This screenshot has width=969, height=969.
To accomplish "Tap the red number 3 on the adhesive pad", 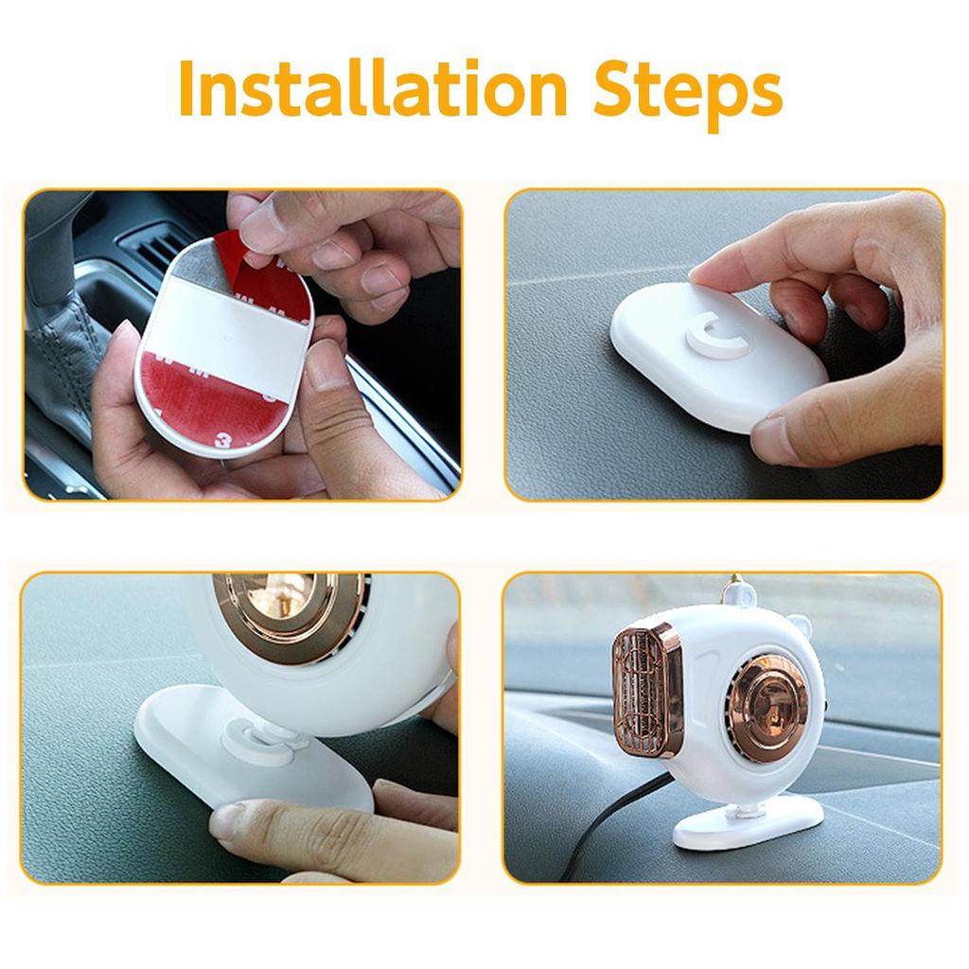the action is (223, 440).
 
